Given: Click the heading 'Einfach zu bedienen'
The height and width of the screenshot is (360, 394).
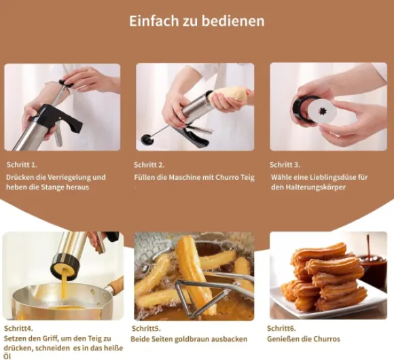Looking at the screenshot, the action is point(197,21).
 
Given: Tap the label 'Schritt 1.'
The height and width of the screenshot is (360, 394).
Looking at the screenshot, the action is point(22,165).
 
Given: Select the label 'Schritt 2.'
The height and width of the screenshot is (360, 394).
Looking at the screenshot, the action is point(149,165).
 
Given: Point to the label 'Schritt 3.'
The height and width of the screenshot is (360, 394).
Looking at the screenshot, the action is point(285,165).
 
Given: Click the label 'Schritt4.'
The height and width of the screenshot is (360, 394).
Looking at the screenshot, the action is point(18,328).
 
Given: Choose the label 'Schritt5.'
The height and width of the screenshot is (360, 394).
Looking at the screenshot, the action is point(146,328).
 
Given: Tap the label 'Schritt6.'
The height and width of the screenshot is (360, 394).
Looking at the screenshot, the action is point(281,328).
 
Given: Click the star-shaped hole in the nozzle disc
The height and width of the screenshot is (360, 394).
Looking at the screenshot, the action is point(322,111).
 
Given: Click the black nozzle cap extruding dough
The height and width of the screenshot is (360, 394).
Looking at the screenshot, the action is point(65,267).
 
